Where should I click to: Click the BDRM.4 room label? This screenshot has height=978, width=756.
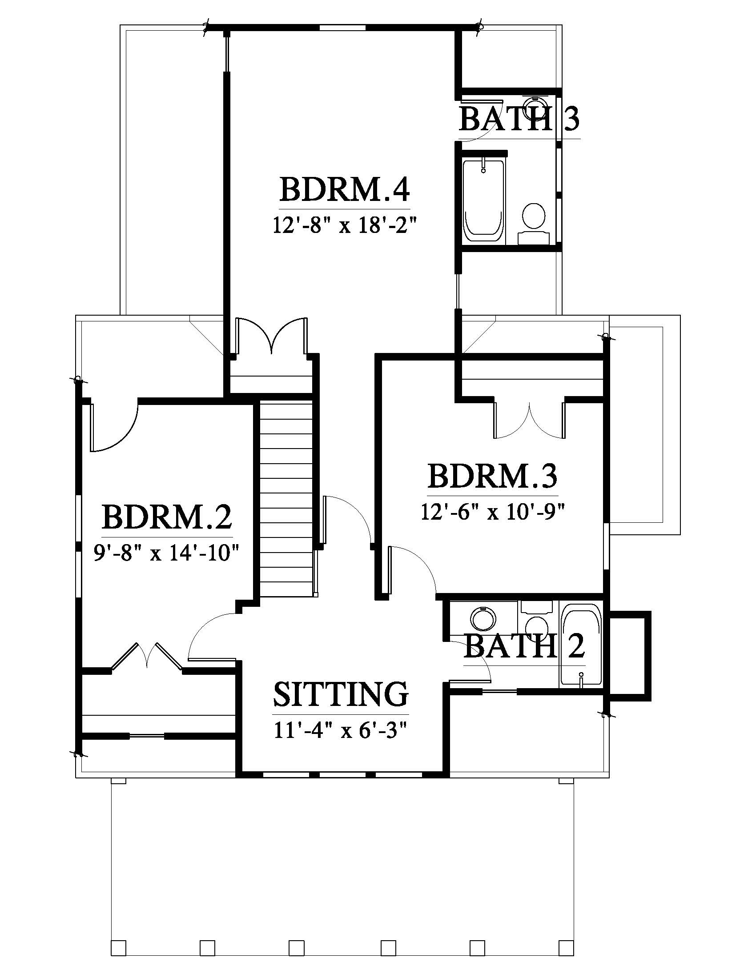pyautogui.click(x=344, y=190)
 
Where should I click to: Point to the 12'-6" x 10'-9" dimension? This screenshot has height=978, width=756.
pyautogui.click(x=492, y=511)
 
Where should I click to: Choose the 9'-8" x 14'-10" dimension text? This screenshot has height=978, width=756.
pyautogui.click(x=165, y=553)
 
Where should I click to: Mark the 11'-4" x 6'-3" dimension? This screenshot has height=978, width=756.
pyautogui.click(x=341, y=730)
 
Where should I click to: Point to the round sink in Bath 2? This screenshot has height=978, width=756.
pyautogui.click(x=484, y=620)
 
